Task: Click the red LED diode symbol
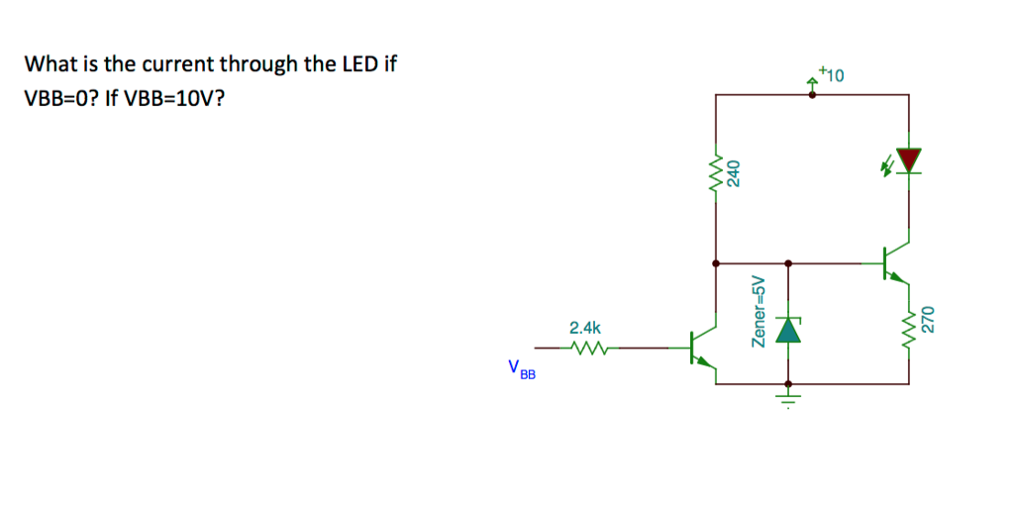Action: pyautogui.click(x=908, y=159)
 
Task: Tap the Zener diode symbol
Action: pyautogui.click(x=787, y=330)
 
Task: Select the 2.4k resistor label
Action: pyautogui.click(x=584, y=327)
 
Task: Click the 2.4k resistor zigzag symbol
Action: pyautogui.click(x=586, y=348)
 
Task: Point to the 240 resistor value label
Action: pyautogui.click(x=734, y=172)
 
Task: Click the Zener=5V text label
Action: pyautogui.click(x=760, y=311)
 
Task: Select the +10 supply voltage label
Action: pyautogui.click(x=832, y=74)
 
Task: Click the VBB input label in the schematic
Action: pyautogui.click(x=521, y=369)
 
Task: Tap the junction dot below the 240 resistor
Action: pyautogui.click(x=715, y=263)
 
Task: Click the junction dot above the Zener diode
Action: pyautogui.click(x=787, y=263)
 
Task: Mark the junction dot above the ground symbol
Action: pyautogui.click(x=787, y=383)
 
